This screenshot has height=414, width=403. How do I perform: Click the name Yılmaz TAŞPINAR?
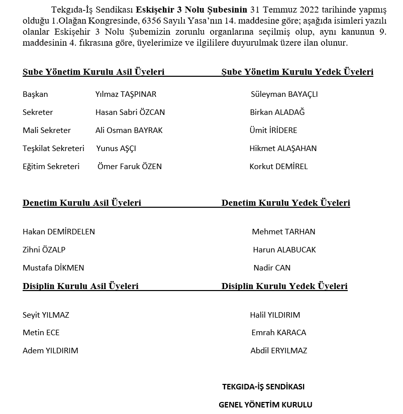[126, 94]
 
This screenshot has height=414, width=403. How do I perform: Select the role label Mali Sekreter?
[47, 130]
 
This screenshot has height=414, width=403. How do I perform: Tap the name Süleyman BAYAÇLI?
[284, 94]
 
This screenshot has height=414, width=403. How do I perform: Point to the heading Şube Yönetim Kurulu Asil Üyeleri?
[93, 72]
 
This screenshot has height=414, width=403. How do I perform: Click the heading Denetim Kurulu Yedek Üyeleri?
[285, 203]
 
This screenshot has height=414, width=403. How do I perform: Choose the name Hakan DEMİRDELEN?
[59, 232]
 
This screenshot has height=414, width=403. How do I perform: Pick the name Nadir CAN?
[272, 268]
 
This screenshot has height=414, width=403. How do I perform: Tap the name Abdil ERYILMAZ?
[278, 351]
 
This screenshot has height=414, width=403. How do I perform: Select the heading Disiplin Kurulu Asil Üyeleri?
[80, 287]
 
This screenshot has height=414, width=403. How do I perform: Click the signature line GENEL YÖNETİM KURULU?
[265, 405]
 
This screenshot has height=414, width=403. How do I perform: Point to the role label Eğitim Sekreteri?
[51, 167]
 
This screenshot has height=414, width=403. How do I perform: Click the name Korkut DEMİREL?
[278, 167]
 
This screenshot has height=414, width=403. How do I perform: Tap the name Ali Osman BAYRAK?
[129, 130]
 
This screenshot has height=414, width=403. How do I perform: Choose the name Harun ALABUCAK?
[284, 250]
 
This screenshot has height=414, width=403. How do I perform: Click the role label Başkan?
[35, 94]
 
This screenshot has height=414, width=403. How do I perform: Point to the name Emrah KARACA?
[278, 333]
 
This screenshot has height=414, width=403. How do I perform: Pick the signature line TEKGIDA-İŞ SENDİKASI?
[263, 387]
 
